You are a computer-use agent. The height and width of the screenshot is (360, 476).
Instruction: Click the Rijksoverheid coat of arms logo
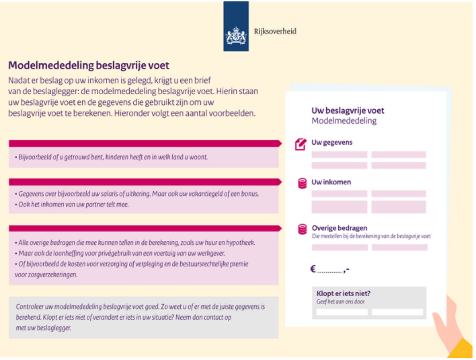point(236,32)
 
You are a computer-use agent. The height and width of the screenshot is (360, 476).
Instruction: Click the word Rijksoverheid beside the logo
point(274,31)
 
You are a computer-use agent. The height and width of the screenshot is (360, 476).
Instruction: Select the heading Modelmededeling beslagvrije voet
point(88,65)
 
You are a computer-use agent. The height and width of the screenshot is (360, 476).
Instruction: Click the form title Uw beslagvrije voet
point(348,110)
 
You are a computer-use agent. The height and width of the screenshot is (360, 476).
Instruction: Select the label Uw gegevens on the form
point(331,143)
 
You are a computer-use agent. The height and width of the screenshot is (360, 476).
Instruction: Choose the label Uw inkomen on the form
point(331,182)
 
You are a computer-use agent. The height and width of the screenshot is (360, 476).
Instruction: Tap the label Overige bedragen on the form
point(340,228)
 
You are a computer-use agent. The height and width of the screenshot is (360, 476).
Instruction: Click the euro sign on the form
point(313,269)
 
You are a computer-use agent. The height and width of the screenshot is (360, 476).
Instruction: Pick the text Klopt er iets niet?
point(344,293)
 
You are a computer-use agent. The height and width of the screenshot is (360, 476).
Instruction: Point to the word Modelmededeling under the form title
point(344,121)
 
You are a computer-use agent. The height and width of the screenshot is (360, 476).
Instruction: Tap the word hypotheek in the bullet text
point(239,242)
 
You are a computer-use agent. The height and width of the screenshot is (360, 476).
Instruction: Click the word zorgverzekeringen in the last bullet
point(50,275)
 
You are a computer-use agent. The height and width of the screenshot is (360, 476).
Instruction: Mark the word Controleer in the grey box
point(32,307)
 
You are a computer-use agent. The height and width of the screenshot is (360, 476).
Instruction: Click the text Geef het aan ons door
point(340,302)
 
